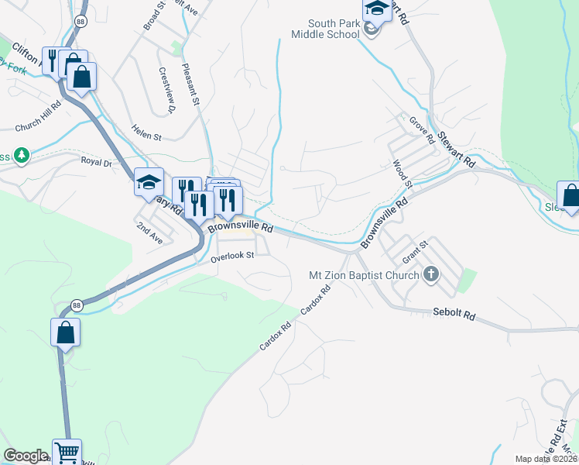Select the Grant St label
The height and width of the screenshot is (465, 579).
pos(415,251)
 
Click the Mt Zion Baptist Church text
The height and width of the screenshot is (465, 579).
pos(364,274)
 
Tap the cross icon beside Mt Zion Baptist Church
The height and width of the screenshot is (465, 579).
pos(432,274)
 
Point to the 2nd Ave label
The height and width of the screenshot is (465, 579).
pos(149,233)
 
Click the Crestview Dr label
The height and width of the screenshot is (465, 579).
pos(168,88)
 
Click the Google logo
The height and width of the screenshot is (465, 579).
pos(26,456)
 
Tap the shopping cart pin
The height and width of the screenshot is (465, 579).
pos(67,452)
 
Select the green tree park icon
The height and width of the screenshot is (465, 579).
pos(22,156)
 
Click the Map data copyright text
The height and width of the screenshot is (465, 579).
pos(546,459)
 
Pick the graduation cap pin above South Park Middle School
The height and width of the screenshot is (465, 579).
pos(377,9)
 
